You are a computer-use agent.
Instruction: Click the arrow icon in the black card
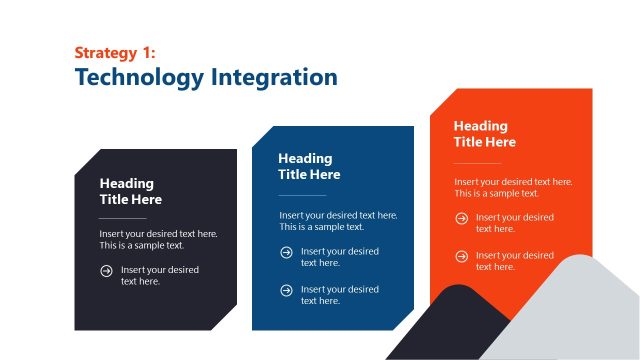tap(106, 270)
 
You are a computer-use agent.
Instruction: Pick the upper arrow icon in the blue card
tap(286, 252)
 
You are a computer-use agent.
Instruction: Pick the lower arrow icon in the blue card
tap(286, 290)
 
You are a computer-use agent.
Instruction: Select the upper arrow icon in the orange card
tap(461, 218)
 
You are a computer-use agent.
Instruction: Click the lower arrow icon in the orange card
tap(461, 256)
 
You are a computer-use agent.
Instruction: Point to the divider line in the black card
tap(123, 217)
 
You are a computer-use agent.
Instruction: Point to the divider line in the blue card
tap(302, 194)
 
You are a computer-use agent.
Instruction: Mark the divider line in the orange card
tap(477, 162)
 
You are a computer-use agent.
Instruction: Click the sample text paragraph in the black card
tap(158, 239)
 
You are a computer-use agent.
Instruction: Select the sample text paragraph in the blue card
tap(338, 220)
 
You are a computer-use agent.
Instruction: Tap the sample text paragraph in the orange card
tap(513, 187)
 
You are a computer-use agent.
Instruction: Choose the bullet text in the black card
tap(160, 275)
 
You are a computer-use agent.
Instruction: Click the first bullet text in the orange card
tap(514, 223)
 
